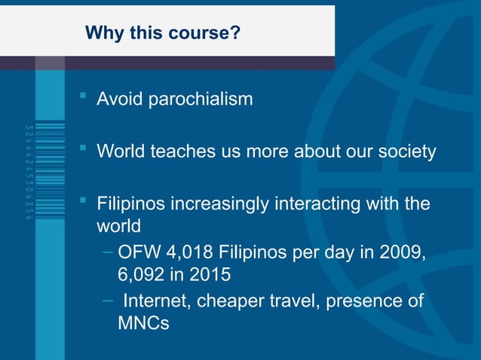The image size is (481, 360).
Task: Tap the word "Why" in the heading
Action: [x=101, y=33]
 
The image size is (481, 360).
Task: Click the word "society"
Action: [x=407, y=151]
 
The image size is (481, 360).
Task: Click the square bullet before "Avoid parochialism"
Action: [x=84, y=97]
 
